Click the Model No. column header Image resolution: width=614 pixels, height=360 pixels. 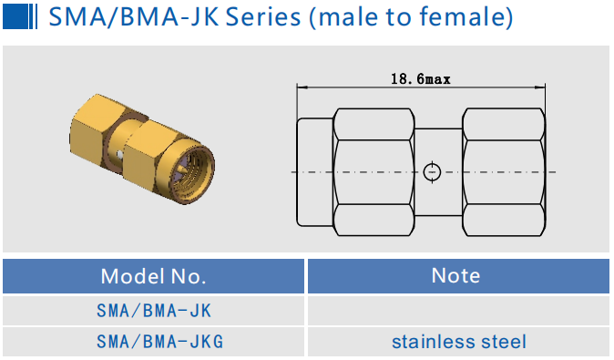tap(153, 276)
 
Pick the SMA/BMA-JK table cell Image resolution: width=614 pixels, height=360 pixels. tap(153, 311)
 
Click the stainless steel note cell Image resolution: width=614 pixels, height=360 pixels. tap(458, 342)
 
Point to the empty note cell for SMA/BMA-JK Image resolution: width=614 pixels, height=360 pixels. tap(458, 311)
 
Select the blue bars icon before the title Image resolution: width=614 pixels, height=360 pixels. tap(21, 16)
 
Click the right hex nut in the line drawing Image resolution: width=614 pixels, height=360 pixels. tap(504, 171)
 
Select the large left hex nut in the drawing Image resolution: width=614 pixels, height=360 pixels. tap(374, 171)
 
